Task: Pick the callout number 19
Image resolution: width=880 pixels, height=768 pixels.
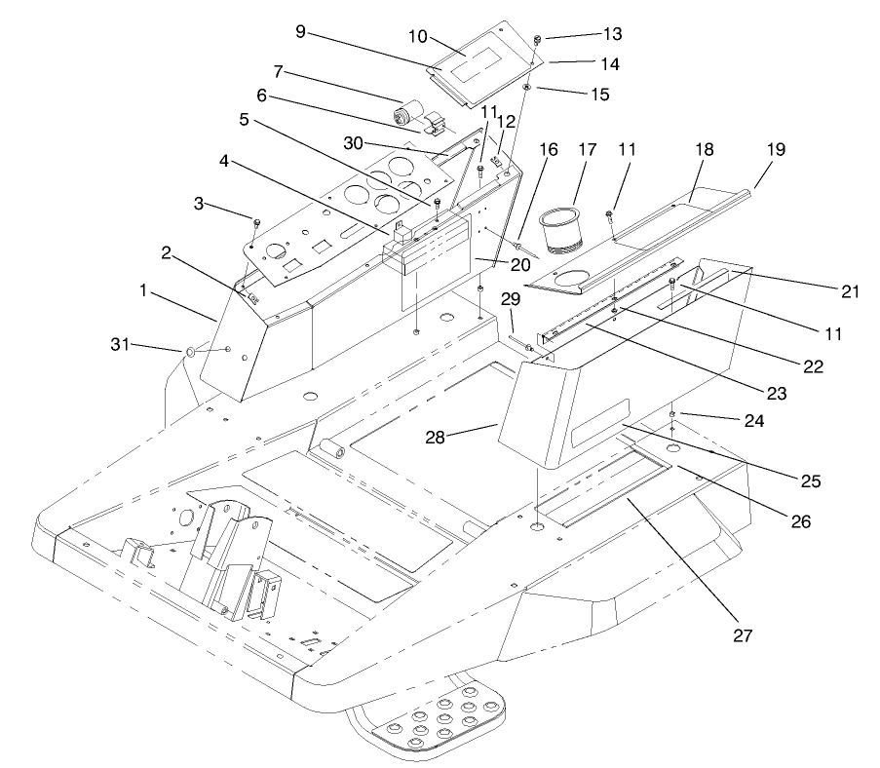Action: coord(776,150)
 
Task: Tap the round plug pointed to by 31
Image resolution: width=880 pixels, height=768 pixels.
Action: coord(190,351)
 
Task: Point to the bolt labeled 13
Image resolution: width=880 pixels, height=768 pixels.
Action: coord(537,40)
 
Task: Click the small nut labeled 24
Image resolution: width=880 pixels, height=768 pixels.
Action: coord(673,416)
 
